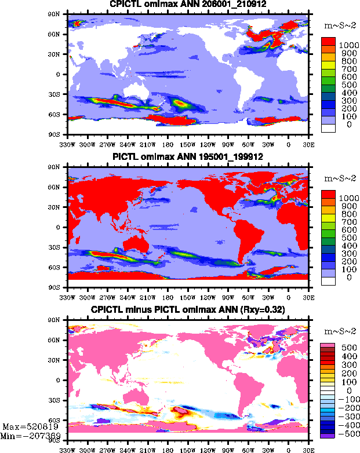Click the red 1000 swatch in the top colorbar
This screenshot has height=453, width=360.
tap(329, 42)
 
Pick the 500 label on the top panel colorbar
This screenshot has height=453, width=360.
tap(344, 85)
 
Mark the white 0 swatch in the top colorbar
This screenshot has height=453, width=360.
tap(329, 129)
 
